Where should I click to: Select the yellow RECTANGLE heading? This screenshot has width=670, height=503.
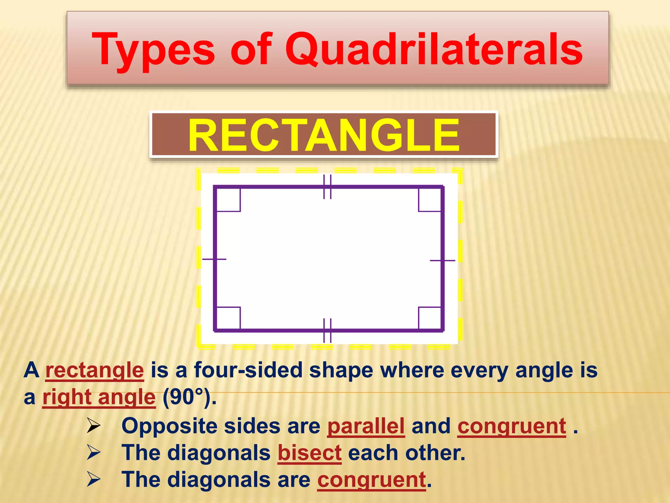tap(324, 135)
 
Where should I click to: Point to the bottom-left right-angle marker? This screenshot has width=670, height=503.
tap(228, 318)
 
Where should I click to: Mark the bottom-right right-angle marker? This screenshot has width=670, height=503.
tap(430, 318)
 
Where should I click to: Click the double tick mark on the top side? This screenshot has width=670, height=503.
tap(327, 187)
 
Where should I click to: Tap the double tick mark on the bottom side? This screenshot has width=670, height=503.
tap(327, 330)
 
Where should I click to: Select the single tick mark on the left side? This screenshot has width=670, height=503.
tap(214, 259)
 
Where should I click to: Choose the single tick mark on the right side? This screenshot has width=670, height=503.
tap(442, 261)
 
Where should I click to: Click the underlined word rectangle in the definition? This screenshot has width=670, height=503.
tap(95, 370)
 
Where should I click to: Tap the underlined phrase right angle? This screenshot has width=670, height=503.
tap(99, 397)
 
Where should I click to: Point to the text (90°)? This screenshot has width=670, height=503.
tap(189, 397)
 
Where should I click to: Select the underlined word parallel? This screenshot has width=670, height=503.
tap(366, 426)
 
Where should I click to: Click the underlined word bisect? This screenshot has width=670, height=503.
tap(309, 453)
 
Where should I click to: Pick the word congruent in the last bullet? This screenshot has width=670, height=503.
tap(372, 480)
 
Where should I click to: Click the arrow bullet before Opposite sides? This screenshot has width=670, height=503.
tap(94, 426)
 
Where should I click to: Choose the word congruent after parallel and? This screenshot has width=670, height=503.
tap(512, 426)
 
